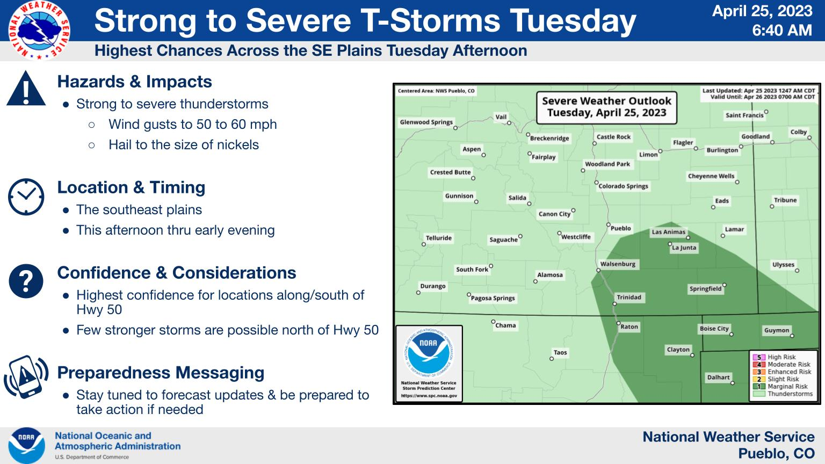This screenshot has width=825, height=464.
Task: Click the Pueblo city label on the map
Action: tap(620, 228)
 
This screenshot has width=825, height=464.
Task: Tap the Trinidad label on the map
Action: tap(629, 297)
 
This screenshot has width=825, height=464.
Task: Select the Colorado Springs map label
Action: tap(623, 186)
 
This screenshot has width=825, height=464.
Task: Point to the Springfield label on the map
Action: tap(705, 289)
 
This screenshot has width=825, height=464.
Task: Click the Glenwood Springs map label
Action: tap(426, 122)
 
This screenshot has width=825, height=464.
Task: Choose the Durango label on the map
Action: tap(433, 286)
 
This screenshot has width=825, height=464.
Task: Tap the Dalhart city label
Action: tap(718, 377)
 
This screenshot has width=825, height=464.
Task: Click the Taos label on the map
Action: tap(560, 352)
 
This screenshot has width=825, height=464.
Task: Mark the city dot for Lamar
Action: tap(722, 236)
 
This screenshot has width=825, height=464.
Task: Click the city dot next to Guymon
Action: tap(792, 336)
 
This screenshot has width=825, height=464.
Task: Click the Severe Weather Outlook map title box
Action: tap(606, 107)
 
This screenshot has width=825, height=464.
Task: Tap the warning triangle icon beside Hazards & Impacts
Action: tap(26, 89)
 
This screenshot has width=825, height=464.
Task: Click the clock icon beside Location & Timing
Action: tap(26, 197)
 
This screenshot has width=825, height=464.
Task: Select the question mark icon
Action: tap(26, 281)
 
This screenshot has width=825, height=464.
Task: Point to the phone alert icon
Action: tap(26, 376)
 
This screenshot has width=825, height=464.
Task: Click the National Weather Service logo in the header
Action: tap(39, 30)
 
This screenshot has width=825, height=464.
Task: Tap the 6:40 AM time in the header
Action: tap(781, 30)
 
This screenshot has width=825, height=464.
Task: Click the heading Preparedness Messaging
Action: tap(161, 373)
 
